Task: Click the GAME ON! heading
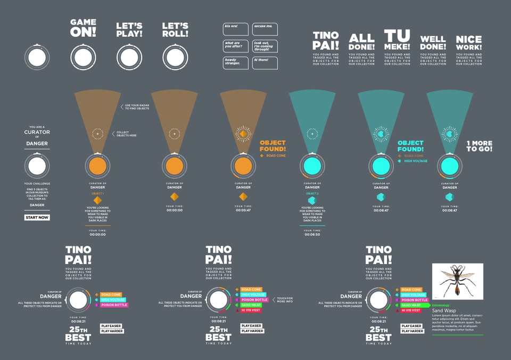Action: coord(84,29)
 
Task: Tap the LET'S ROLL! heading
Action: coord(175,29)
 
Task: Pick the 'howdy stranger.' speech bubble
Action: coord(236,62)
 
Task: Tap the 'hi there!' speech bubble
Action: coord(265,62)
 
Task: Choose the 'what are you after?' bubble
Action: coord(236,46)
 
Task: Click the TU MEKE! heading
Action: coord(398,40)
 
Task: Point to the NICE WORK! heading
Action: coord(469,43)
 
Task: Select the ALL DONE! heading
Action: coord(362,43)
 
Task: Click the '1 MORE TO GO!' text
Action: coord(479,146)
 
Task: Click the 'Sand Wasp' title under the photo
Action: coord(443,310)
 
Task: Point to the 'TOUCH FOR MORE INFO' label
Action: coord(285,300)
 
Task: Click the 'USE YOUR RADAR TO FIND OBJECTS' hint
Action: coord(137,107)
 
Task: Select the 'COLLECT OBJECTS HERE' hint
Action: coord(126,134)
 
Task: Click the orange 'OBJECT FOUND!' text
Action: coord(273,146)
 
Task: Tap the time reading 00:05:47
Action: coord(243,210)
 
